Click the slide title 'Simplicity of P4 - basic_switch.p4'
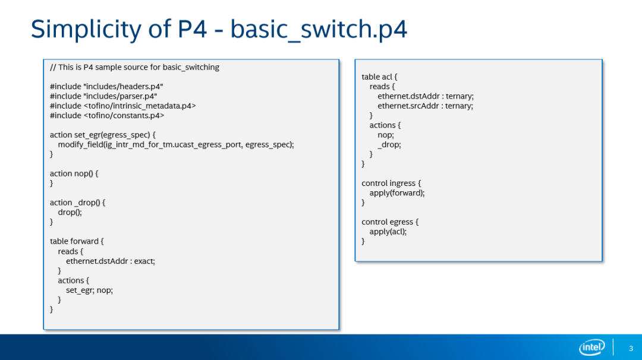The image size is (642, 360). click(x=219, y=29)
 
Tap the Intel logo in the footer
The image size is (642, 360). click(x=591, y=348)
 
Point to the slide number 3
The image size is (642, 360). click(x=631, y=348)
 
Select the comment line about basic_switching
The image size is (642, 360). click(x=134, y=67)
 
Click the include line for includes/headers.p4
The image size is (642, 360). click(x=106, y=87)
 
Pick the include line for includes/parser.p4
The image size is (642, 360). click(x=103, y=96)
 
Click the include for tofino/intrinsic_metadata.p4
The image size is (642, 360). click(x=122, y=106)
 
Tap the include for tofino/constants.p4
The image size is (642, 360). click(x=107, y=115)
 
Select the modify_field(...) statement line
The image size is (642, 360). click(x=176, y=144)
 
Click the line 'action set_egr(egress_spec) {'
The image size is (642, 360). click(x=103, y=135)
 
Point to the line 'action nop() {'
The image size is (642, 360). click(x=74, y=173)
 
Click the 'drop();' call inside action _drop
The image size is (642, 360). click(x=70, y=212)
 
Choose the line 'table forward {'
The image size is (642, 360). click(x=77, y=241)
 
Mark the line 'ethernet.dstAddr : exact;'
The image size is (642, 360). click(x=110, y=261)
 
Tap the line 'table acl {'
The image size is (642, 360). click(x=379, y=77)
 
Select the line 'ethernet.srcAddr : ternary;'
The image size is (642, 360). click(x=425, y=106)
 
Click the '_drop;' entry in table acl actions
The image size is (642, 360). click(x=389, y=144)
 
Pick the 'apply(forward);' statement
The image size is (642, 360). click(x=397, y=192)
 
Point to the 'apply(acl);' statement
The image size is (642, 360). click(x=388, y=231)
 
